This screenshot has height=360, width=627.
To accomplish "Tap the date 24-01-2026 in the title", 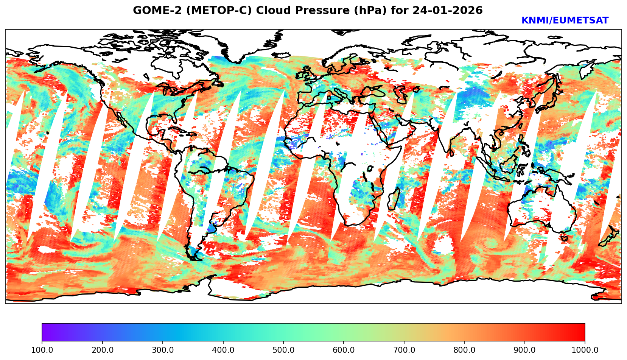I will click(x=447, y=11).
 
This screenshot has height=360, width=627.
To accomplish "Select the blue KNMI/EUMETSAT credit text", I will click(x=565, y=21).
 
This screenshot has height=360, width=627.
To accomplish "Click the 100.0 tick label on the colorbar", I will click(x=42, y=350).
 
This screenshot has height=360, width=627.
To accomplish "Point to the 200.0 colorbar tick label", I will click(x=102, y=350).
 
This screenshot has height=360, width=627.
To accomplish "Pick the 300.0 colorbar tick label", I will click(x=163, y=350).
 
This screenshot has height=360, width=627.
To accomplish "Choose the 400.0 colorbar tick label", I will click(x=223, y=350).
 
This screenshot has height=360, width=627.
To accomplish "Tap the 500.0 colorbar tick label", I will click(x=283, y=350).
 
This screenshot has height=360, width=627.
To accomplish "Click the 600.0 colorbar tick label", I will click(x=344, y=350).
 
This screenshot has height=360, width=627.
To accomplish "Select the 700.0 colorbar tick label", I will click(x=404, y=350).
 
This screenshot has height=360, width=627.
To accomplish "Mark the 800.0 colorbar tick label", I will click(x=464, y=350).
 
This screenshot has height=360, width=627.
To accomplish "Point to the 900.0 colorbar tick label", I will click(x=525, y=350).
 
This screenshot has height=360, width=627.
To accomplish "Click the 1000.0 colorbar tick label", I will click(x=585, y=350).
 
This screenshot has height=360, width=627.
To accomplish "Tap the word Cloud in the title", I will click(x=270, y=11).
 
